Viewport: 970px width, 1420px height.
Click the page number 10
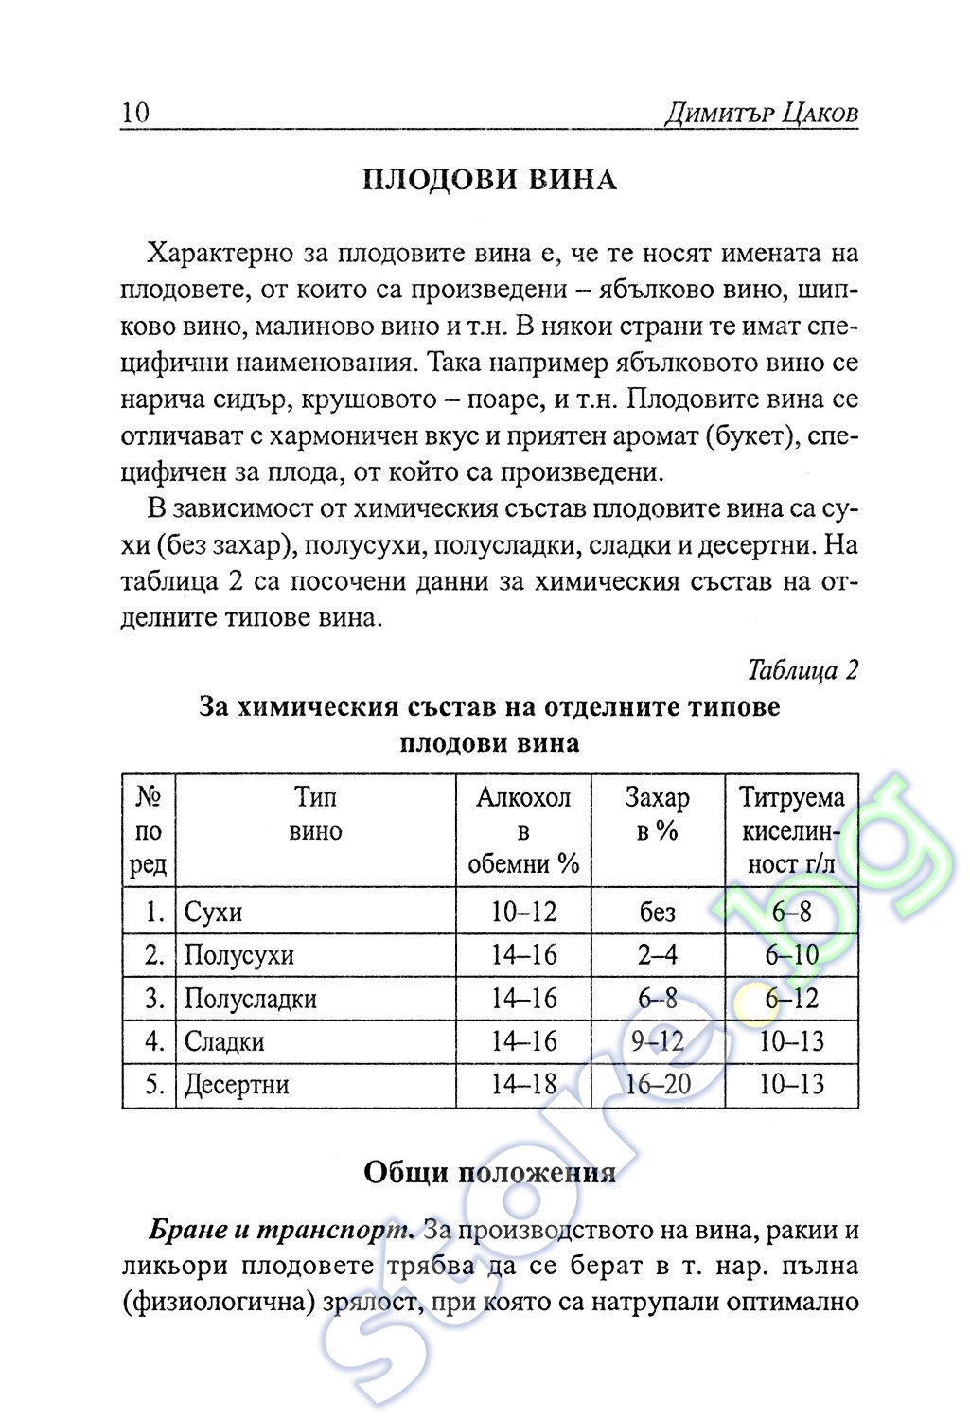(x=135, y=113)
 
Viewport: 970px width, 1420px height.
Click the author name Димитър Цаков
(x=761, y=114)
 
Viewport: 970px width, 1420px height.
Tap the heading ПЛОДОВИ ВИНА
(x=489, y=180)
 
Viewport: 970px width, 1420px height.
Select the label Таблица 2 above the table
(x=802, y=670)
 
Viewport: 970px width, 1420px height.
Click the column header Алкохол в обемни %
(x=523, y=830)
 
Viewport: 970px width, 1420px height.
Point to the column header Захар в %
(x=657, y=814)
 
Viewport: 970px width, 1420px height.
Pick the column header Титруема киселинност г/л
(x=791, y=830)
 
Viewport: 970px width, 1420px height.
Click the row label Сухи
(x=213, y=913)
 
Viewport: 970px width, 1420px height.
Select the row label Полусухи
(x=238, y=955)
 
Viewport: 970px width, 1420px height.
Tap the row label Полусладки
(x=250, y=999)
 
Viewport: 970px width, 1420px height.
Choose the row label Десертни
(x=236, y=1085)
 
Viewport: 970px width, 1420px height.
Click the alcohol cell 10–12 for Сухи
(x=523, y=913)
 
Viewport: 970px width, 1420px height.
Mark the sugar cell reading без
(x=657, y=913)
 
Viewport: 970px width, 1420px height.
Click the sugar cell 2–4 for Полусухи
(x=657, y=955)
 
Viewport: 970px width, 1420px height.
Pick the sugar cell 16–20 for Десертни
(x=658, y=1085)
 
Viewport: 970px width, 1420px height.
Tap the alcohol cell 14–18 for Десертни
(x=523, y=1085)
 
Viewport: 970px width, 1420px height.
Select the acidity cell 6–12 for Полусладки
(x=791, y=999)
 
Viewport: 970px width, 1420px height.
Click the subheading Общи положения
(x=489, y=1173)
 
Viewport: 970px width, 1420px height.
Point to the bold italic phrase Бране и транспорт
(x=281, y=1231)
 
